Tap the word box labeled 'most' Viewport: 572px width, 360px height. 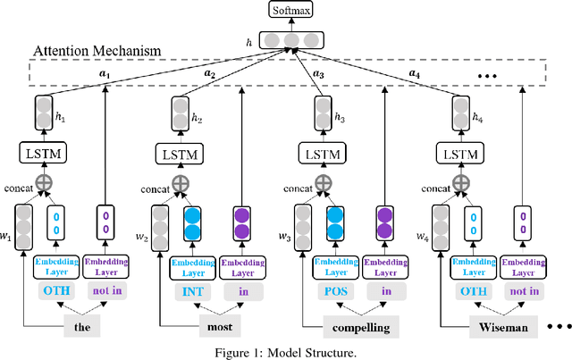pyautogui.click(x=219, y=327)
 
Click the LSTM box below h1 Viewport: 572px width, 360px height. pyautogui.click(x=43, y=153)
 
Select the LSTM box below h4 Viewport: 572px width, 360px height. pyautogui.click(x=460, y=153)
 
